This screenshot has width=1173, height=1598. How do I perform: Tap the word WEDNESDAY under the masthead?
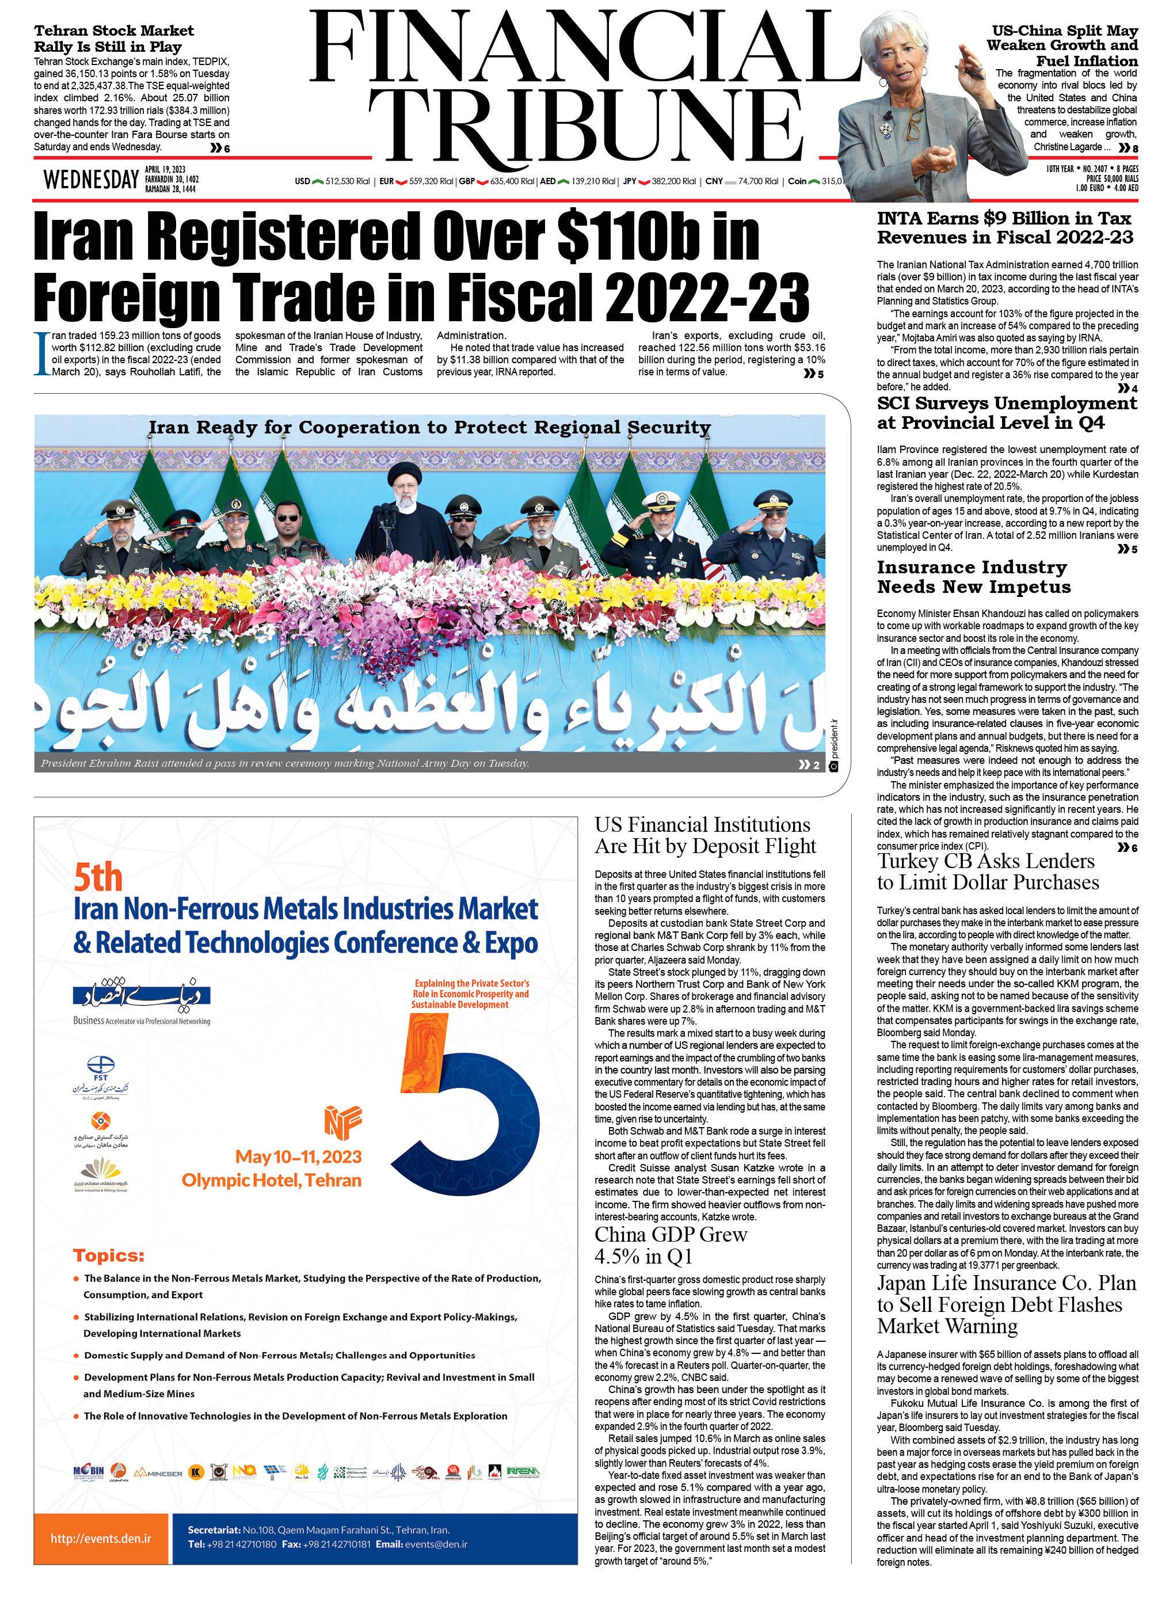tap(91, 180)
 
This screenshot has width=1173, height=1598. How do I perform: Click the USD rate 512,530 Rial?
tap(347, 182)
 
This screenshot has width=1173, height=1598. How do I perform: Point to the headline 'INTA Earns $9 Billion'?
tap(1004, 227)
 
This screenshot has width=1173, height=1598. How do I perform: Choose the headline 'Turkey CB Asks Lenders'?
tap(987, 872)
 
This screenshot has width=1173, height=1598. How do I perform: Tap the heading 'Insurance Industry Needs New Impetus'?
tap(973, 577)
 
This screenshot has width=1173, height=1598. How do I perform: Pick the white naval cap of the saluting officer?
tap(660, 500)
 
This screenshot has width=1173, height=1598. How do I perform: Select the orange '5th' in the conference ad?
tap(98, 878)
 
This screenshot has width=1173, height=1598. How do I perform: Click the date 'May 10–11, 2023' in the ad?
tap(298, 1157)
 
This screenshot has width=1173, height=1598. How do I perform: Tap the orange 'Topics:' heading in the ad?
tap(109, 1255)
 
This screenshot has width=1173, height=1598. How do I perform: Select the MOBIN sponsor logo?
tap(89, 1471)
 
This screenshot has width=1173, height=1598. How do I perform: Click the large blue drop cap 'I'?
tap(42, 353)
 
